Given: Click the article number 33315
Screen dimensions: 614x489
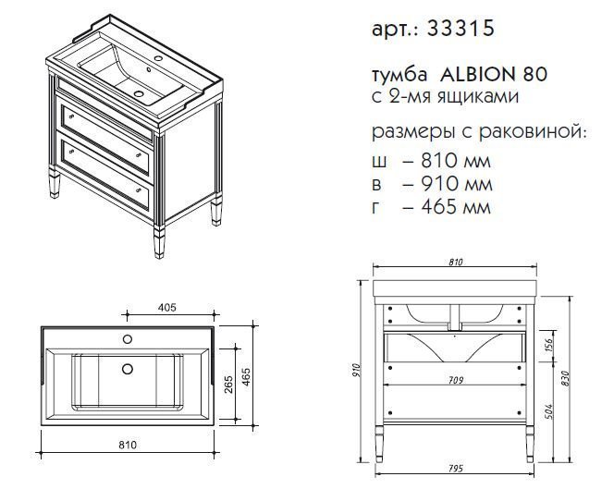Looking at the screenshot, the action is (460, 29).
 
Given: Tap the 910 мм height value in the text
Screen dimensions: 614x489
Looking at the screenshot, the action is (456, 184).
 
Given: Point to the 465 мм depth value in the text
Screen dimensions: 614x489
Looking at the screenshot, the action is (456, 207).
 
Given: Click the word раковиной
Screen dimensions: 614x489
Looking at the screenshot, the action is (533, 132).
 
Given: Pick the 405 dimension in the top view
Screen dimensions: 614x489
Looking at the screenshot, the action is (167, 308).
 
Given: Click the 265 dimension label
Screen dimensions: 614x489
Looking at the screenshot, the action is (228, 384).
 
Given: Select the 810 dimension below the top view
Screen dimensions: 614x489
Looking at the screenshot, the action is (128, 446).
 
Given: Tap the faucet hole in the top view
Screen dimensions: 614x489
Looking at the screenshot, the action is (128, 339).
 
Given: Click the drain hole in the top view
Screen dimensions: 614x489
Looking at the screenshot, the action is (128, 369).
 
